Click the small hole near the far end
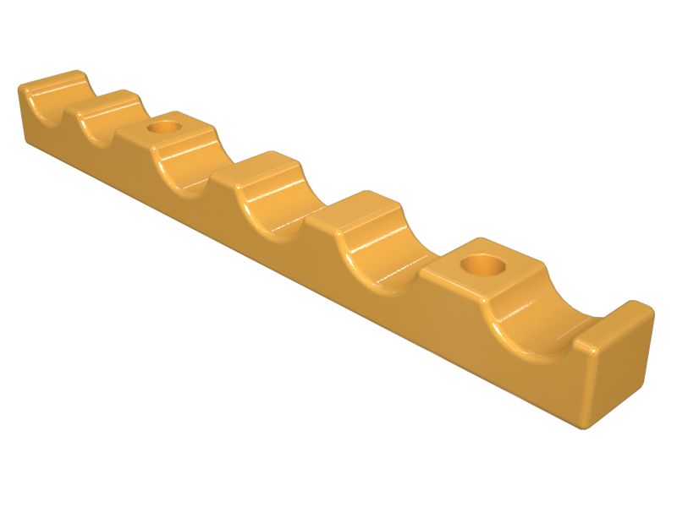[163, 128]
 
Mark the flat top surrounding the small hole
[182, 131]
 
